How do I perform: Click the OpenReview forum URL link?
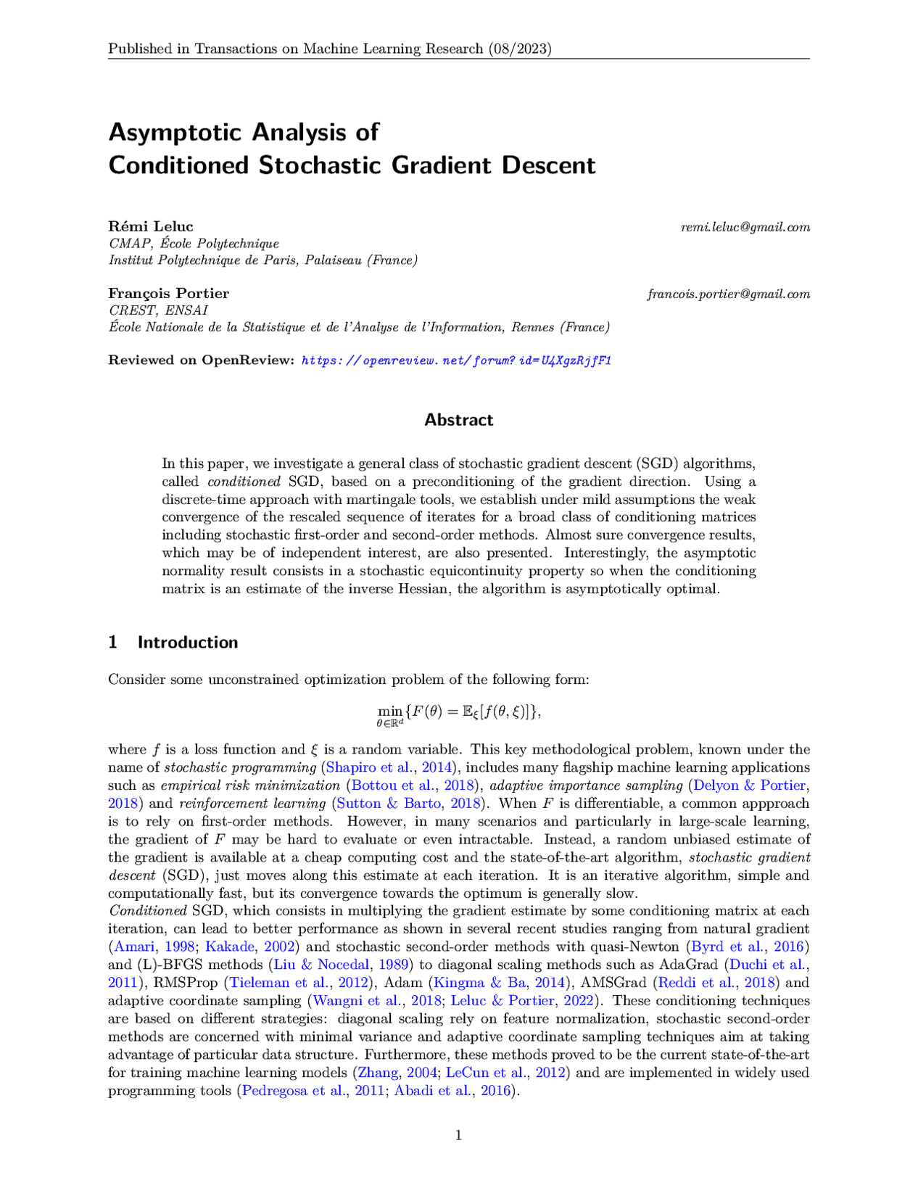click(x=456, y=360)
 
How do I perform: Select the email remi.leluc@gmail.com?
click(x=745, y=227)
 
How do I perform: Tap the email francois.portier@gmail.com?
click(x=728, y=294)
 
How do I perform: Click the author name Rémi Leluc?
click(x=151, y=226)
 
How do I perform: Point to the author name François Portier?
click(x=168, y=293)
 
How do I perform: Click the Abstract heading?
click(x=458, y=420)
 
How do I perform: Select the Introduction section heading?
click(x=187, y=642)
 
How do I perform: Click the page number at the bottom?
click(x=458, y=1135)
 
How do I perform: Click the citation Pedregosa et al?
click(x=294, y=1091)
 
